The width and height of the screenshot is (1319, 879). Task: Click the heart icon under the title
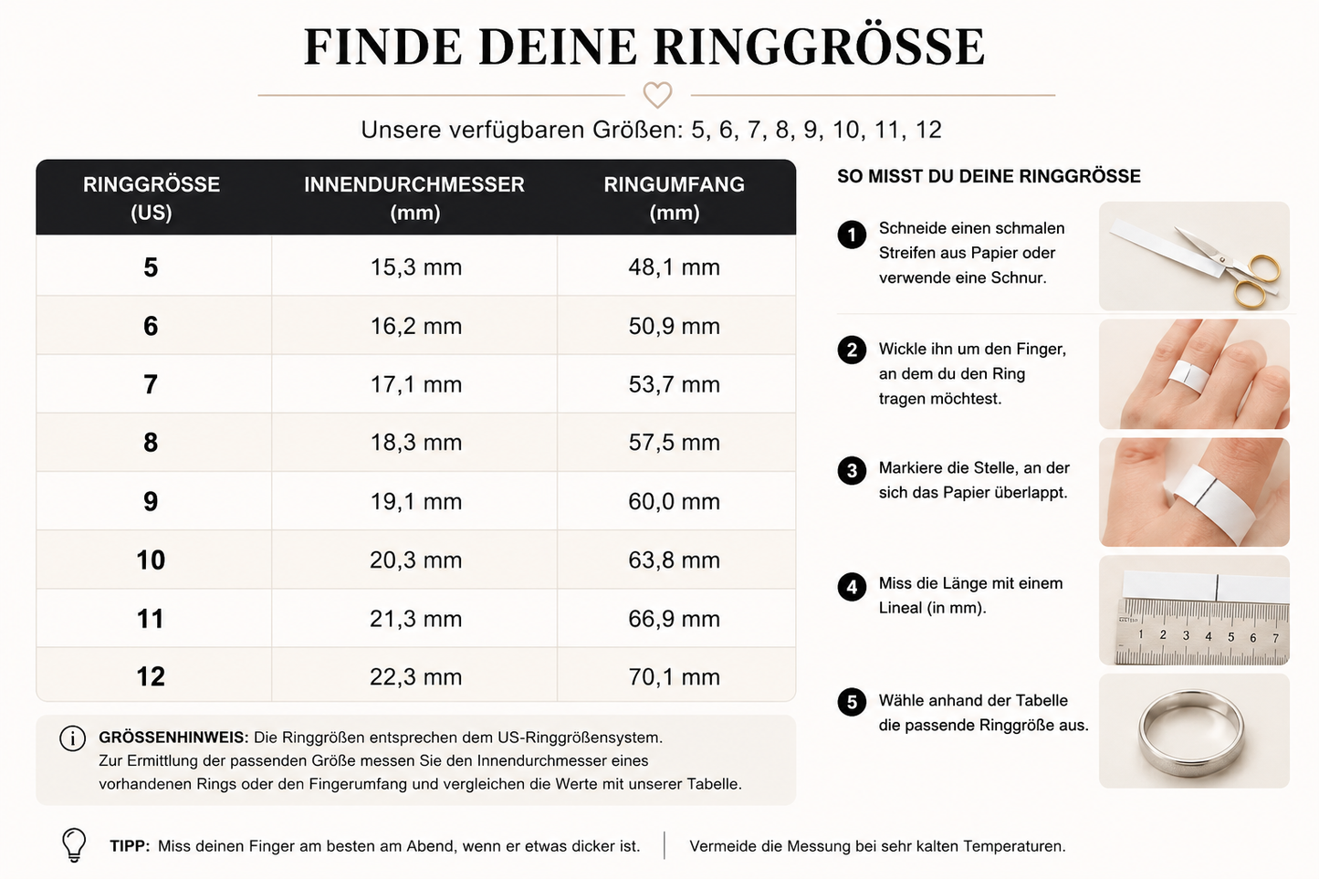pyautogui.click(x=657, y=95)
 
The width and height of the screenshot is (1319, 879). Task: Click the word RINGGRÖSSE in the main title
pyautogui.click(x=819, y=47)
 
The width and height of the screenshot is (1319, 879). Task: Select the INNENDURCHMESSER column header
pyautogui.click(x=414, y=198)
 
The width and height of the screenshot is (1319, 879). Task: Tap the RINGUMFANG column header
pyautogui.click(x=675, y=198)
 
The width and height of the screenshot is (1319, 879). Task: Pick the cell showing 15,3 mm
pyautogui.click(x=415, y=267)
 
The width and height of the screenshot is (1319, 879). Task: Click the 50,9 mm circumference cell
pyautogui.click(x=675, y=326)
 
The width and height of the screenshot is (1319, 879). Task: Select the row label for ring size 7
pyautogui.click(x=151, y=384)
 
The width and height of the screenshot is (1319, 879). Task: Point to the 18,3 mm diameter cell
pyautogui.click(x=415, y=443)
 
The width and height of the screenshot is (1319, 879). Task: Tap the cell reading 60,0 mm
pyautogui.click(x=675, y=502)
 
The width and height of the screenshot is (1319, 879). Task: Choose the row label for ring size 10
pyautogui.click(x=151, y=560)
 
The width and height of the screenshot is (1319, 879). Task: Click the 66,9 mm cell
pyautogui.click(x=675, y=619)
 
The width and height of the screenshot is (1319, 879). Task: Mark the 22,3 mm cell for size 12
pyautogui.click(x=415, y=677)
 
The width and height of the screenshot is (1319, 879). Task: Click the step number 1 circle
pyautogui.click(x=852, y=235)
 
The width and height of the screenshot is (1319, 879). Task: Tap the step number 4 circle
pyautogui.click(x=852, y=587)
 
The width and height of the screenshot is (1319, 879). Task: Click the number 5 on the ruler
pyautogui.click(x=1230, y=636)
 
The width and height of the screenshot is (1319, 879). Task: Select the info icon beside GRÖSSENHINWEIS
pyautogui.click(x=72, y=738)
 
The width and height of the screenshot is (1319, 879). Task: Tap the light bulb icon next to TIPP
pyautogui.click(x=74, y=845)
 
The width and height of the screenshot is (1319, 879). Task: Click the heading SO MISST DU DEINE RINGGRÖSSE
pyautogui.click(x=989, y=176)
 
